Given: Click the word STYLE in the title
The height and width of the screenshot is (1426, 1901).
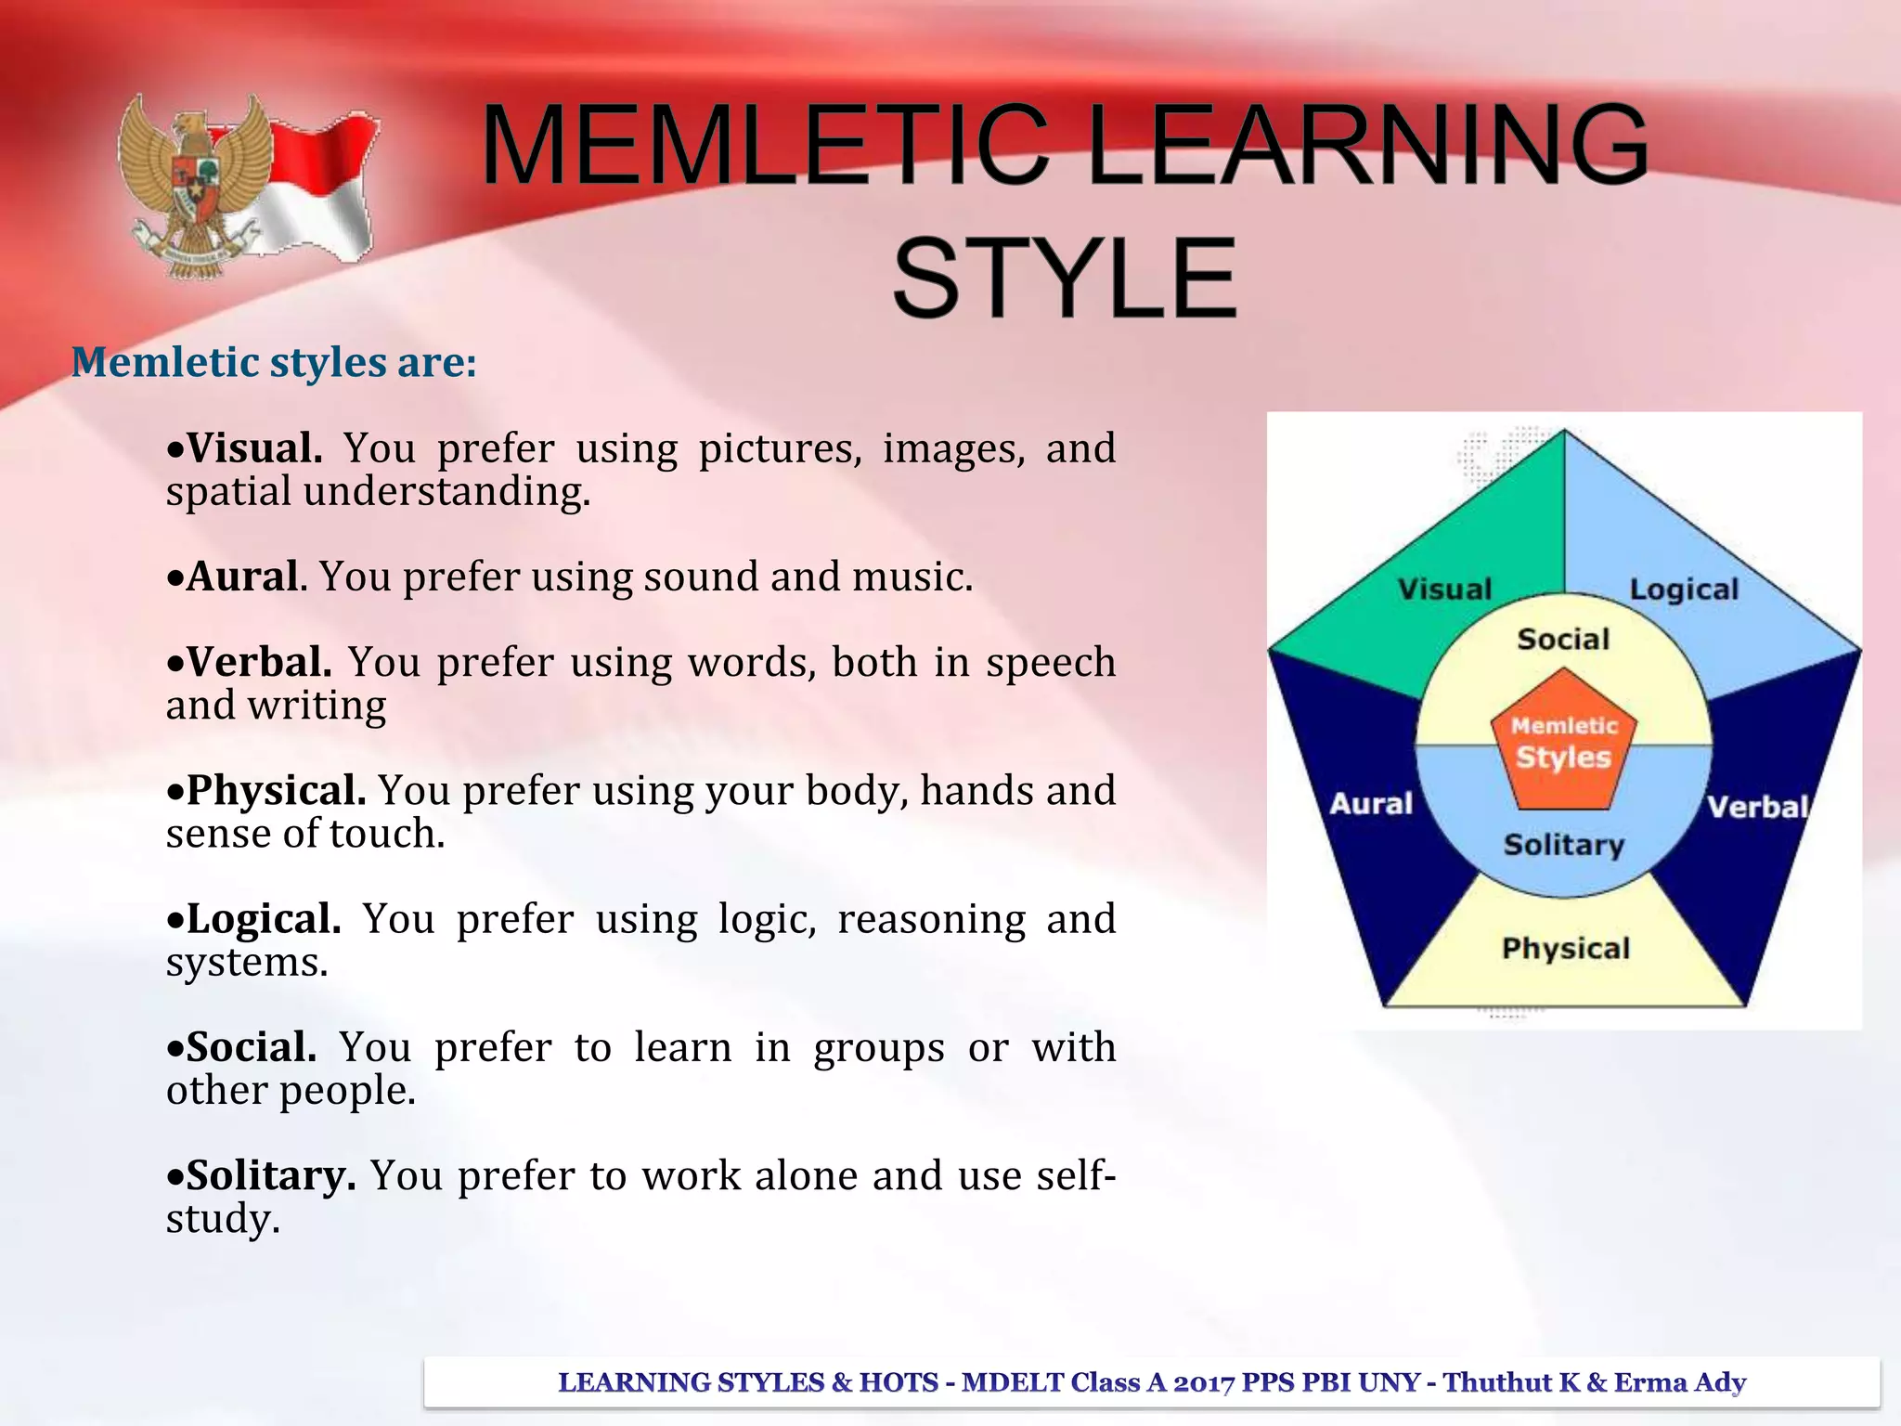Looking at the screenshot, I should click(x=1065, y=278).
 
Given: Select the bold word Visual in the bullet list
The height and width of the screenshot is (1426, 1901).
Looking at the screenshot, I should click(x=254, y=448).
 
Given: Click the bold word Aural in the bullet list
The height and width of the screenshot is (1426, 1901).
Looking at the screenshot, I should click(x=243, y=577).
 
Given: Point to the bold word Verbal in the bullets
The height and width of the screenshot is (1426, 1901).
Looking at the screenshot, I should click(x=259, y=663).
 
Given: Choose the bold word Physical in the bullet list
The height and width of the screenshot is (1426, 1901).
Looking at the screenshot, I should click(x=276, y=791).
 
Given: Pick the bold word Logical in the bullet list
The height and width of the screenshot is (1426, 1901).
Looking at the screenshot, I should click(x=264, y=919).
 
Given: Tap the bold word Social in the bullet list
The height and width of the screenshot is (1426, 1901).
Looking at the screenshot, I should click(x=251, y=1047).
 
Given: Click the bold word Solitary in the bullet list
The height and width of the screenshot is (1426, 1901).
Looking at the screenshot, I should click(x=270, y=1175).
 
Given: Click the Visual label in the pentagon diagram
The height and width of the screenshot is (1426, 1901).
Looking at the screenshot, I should click(x=1444, y=589).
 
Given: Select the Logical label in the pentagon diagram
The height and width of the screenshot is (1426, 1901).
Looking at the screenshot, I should click(x=1684, y=589).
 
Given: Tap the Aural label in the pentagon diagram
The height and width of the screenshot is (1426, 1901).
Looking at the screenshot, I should click(x=1371, y=803).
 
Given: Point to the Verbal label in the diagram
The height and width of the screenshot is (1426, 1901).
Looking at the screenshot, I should click(x=1758, y=806).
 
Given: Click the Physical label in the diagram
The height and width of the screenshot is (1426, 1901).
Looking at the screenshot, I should click(x=1566, y=948).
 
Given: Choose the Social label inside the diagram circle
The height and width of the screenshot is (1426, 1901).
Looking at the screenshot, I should click(x=1563, y=639).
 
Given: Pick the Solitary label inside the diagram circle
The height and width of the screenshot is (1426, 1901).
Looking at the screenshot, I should click(x=1564, y=844).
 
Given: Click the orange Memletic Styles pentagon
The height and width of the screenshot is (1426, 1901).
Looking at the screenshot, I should click(x=1564, y=743).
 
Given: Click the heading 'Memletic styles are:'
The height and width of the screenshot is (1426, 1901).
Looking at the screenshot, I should click(x=274, y=362).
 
